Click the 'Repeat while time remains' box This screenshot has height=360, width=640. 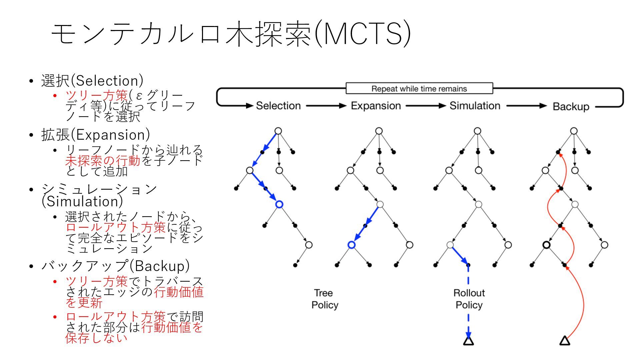click(419, 89)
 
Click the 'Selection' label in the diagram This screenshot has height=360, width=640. click(278, 106)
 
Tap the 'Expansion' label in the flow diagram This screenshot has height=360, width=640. click(376, 106)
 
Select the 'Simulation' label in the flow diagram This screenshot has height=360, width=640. click(475, 106)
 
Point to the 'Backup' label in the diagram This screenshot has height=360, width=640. click(571, 107)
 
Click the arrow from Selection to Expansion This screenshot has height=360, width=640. click(326, 106)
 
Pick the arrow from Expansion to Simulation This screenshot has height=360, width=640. click(425, 106)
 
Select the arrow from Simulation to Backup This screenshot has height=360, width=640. click(526, 106)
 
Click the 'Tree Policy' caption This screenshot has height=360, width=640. click(324, 299)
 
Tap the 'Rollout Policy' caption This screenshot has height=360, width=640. click(469, 299)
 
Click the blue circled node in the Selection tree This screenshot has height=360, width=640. click(279, 204)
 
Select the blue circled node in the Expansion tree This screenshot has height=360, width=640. click(351, 245)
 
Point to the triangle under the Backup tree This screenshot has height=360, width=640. click(565, 341)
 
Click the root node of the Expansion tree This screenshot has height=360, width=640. click(379, 131)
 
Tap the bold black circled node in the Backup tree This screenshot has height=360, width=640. click(546, 245)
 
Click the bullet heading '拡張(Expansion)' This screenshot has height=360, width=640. click(95, 135)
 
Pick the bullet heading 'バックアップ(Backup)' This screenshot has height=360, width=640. click(115, 266)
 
